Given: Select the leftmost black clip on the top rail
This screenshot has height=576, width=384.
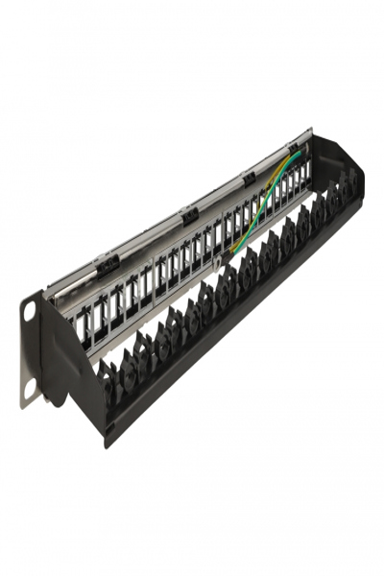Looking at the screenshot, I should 107,260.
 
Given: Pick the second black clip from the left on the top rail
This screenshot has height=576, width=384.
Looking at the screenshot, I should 189,213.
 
